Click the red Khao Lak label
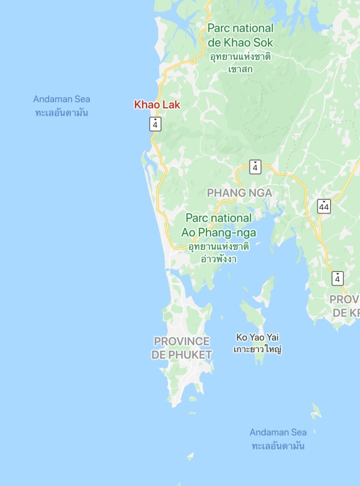[157, 104]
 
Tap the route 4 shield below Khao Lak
[155, 124]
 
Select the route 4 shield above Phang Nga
[256, 167]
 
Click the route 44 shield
[324, 206]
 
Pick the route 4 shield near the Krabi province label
[337, 278]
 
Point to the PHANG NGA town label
[239, 193]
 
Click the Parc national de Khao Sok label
[240, 35]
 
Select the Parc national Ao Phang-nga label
[218, 225]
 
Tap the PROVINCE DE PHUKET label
[182, 348]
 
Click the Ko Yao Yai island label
[257, 337]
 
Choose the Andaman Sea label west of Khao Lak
[62, 99]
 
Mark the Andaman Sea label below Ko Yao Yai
[278, 432]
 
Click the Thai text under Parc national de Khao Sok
[240, 63]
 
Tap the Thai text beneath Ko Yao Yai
[258, 350]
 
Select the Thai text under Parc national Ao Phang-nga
[218, 253]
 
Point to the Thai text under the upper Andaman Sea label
[62, 113]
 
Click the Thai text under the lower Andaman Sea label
[278, 446]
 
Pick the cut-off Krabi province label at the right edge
[345, 306]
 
